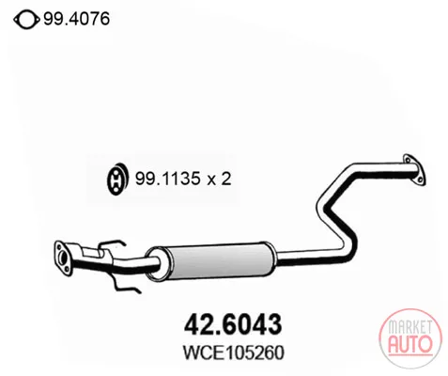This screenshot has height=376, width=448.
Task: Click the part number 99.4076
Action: pos(76,19)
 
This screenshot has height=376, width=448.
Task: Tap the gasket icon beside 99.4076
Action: pos(26,20)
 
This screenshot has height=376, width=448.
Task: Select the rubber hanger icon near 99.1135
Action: pos(116,179)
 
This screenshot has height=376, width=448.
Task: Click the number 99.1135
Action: pos(167,179)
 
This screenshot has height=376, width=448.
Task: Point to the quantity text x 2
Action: pos(219,180)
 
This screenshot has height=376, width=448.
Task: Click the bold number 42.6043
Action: pos(233,324)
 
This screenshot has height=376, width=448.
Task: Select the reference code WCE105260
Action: pos(234,352)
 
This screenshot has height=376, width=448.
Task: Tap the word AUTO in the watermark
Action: pos(409,343)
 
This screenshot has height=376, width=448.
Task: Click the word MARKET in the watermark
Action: pos(409,327)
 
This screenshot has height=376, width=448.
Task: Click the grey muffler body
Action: pos(219,260)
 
